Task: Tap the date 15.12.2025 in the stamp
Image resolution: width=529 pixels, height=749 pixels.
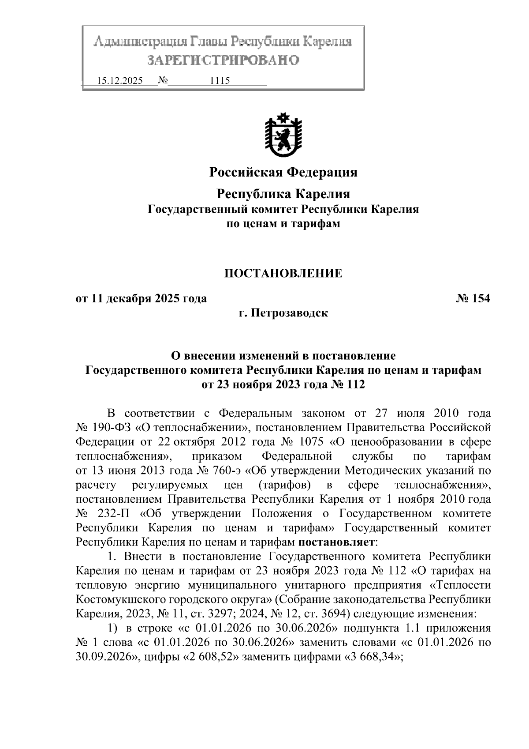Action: pyautogui.click(x=119, y=81)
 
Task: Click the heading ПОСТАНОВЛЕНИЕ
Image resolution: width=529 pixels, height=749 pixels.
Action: pyautogui.click(x=283, y=274)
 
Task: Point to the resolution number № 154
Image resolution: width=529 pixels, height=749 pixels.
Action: pyautogui.click(x=473, y=299)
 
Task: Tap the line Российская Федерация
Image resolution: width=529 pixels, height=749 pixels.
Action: pyautogui.click(x=283, y=172)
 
